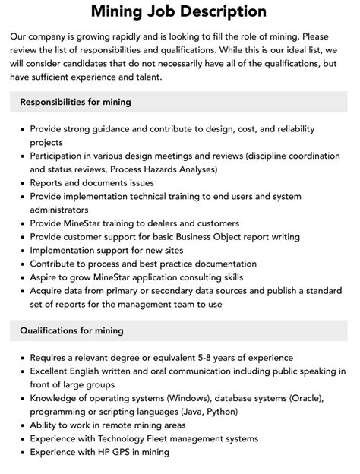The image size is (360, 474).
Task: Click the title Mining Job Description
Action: [x=179, y=11]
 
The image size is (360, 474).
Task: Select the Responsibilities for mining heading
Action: [x=75, y=102]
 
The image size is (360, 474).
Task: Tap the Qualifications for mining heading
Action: [x=71, y=330]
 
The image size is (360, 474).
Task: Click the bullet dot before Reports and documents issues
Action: [x=21, y=183]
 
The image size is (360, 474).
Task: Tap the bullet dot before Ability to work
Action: [x=21, y=425]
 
